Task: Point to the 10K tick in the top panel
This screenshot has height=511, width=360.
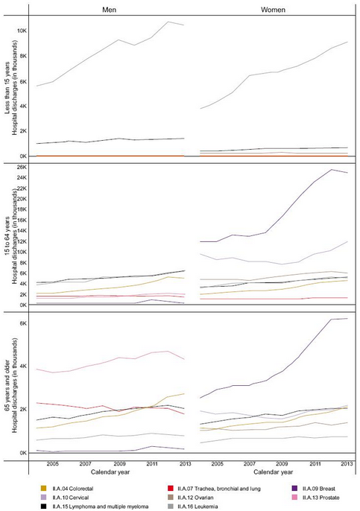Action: click(22, 31)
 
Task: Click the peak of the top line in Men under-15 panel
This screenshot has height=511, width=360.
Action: click(168, 22)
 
